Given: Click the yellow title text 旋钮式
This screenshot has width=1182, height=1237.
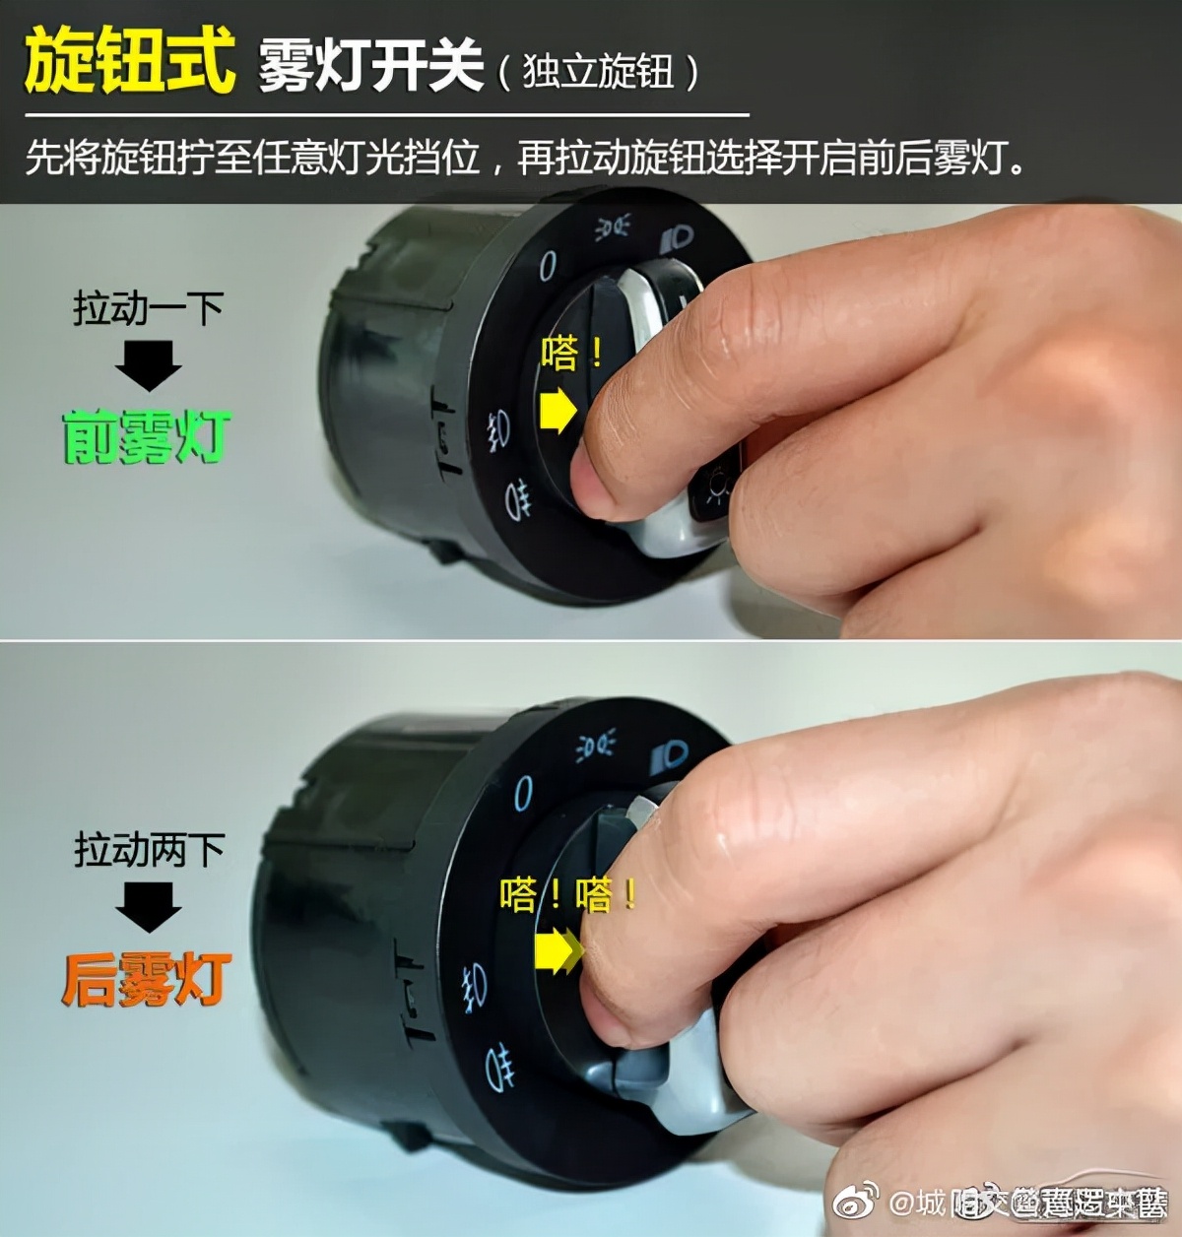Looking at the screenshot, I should coord(130,61).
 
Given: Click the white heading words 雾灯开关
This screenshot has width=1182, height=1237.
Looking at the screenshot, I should coord(371,67).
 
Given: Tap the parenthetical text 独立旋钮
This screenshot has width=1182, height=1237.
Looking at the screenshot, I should coord(598,72).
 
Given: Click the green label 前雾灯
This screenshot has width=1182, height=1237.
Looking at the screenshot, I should coord(146,437).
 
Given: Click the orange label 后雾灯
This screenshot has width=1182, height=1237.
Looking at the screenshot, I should coord(147,980).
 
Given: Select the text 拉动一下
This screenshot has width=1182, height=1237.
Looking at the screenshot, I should coord(148,308).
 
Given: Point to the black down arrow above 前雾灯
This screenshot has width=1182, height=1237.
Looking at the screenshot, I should coord(148,365).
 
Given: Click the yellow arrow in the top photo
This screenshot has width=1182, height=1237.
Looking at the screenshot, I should coord(558,410).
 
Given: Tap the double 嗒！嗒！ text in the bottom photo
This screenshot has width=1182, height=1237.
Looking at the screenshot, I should coord(568,894).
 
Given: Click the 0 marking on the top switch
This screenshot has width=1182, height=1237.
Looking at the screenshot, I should coord(547,264).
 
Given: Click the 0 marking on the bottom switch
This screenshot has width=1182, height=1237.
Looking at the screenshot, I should coord(523,793).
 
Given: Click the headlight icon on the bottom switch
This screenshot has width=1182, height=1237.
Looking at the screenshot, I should coord(671,757).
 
